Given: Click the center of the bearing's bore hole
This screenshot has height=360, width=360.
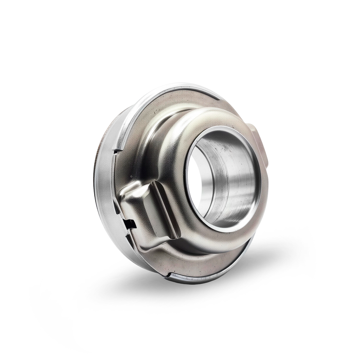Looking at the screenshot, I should pyautogui.click(x=222, y=177).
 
